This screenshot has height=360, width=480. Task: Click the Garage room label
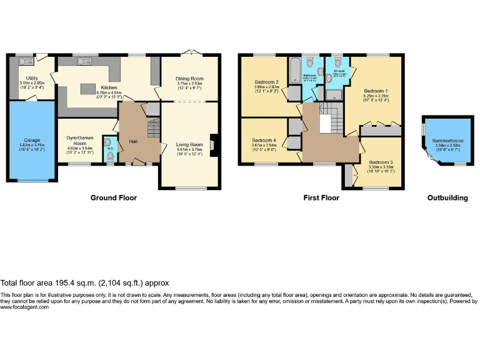tap(32, 139)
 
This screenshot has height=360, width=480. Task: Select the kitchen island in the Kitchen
tap(91, 87)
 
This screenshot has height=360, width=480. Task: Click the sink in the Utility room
tap(26, 61)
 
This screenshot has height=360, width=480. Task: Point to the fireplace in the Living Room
tap(212, 144)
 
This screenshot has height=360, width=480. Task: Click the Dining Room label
tap(190, 79)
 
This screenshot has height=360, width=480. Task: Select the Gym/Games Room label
tap(79, 140)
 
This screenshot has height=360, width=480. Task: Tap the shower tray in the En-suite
tap(334, 94)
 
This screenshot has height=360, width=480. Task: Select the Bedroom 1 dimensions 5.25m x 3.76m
tap(377, 96)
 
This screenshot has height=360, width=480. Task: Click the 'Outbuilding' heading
tap(447, 198)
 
